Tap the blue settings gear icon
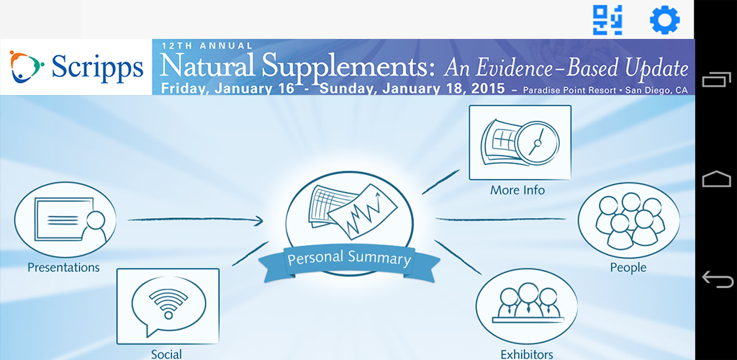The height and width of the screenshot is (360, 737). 665,20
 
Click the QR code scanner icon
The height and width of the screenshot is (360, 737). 607,20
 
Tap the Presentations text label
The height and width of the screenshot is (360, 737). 63,267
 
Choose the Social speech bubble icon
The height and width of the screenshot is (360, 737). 168,304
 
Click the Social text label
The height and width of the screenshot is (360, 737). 166,354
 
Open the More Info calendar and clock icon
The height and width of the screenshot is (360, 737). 520,143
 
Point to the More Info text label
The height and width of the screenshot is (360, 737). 517,191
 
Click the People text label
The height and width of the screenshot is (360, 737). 628,268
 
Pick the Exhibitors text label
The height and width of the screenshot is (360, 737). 527,354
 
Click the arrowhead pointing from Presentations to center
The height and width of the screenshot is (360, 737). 258,220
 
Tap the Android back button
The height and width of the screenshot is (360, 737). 716,279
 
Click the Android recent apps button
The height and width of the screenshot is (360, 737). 716,80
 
